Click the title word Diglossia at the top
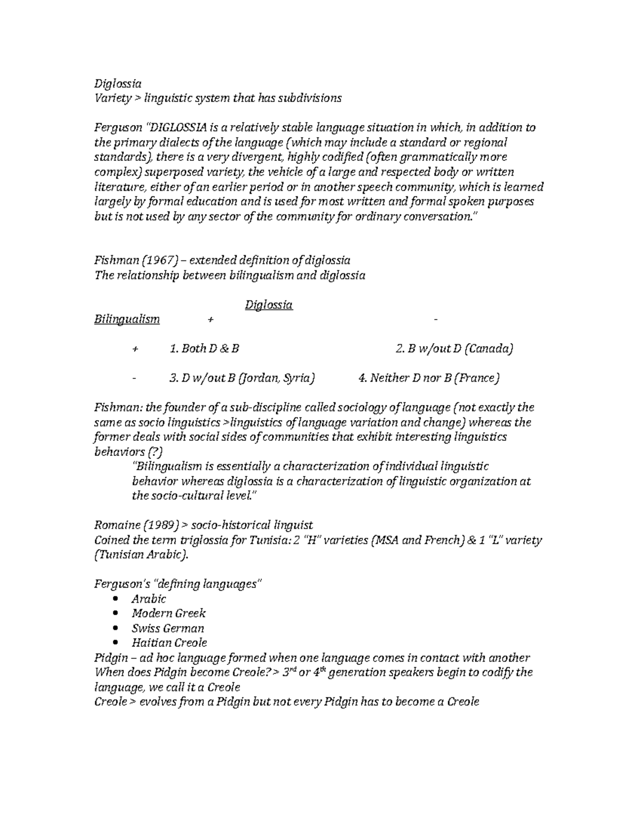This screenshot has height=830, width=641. click(x=118, y=83)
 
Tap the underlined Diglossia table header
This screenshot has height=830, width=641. click(x=269, y=305)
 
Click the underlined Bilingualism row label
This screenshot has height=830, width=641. click(x=127, y=320)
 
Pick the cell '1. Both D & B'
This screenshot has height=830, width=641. click(x=204, y=349)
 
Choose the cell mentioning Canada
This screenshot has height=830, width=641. click(x=454, y=349)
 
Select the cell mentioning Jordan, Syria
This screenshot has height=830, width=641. click(x=241, y=378)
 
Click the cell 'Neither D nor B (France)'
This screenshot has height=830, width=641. click(x=429, y=378)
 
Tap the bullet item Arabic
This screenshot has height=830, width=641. click(x=148, y=599)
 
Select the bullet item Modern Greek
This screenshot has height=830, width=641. click(x=168, y=614)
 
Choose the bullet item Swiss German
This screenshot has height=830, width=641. click(x=168, y=629)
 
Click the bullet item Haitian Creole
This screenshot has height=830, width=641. click(x=169, y=643)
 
